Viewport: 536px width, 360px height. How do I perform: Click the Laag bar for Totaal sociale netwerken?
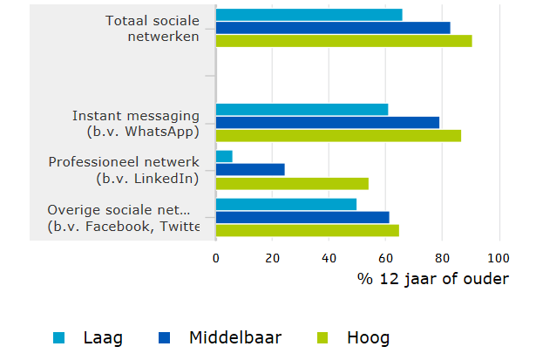[309, 15]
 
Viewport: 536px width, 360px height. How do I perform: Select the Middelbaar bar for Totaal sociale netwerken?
[333, 28]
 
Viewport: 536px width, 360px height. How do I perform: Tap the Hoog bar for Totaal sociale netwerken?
[343, 40]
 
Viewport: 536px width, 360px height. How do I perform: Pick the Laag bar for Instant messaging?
[302, 109]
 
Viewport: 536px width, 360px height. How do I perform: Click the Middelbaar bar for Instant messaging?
[327, 122]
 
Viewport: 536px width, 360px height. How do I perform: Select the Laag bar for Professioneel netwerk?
[224, 156]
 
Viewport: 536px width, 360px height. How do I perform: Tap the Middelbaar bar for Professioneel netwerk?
[250, 169]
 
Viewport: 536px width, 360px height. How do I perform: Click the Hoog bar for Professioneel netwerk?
[292, 183]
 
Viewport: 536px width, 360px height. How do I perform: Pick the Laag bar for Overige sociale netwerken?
[286, 204]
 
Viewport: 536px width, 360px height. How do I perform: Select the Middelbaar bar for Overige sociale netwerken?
[302, 217]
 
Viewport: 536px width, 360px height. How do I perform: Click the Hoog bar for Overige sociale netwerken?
[307, 230]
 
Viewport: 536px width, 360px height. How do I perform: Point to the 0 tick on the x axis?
[216, 258]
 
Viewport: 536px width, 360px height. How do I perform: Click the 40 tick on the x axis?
[329, 258]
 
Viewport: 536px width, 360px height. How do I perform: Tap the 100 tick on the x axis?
[499, 258]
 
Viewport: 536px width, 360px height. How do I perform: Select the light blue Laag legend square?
[59, 337]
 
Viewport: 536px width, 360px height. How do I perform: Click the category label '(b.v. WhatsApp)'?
[143, 132]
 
